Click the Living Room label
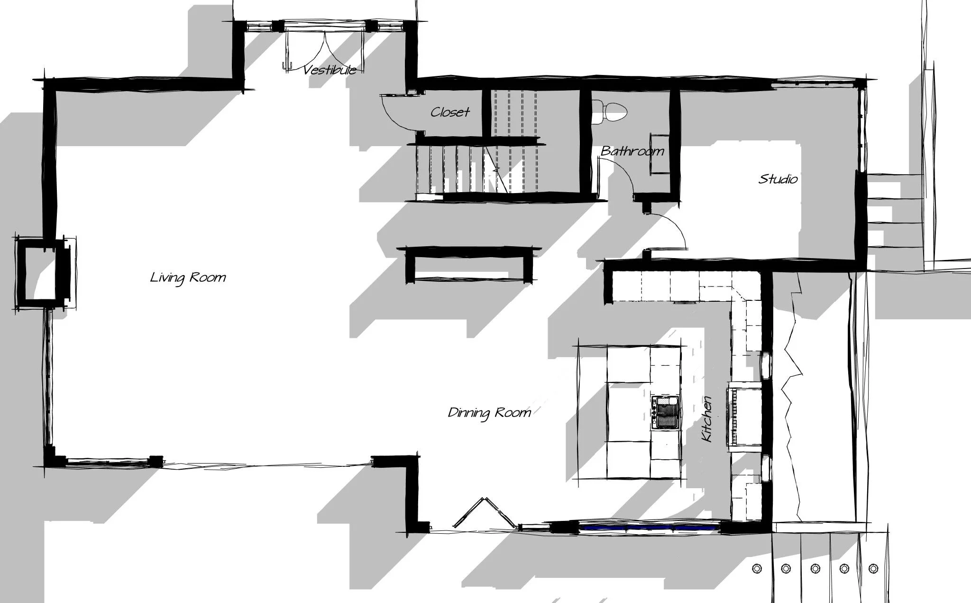pyautogui.click(x=188, y=277)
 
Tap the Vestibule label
pyautogui.click(x=330, y=70)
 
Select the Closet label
pyautogui.click(x=450, y=112)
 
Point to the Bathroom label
pyautogui.click(x=632, y=151)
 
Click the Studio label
pyautogui.click(x=778, y=179)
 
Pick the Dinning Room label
pyautogui.click(x=489, y=413)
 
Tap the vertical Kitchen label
pyautogui.click(x=707, y=419)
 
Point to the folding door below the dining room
pyautogui.click(x=485, y=512)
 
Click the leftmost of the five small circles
pyautogui.click(x=757, y=568)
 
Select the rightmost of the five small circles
pyautogui.click(x=873, y=568)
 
